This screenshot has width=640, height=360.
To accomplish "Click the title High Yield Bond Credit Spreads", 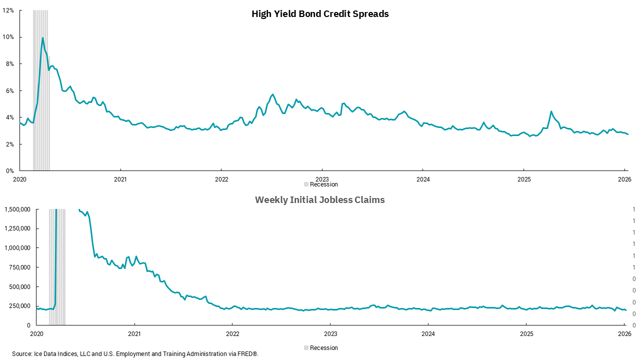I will pos(320,14).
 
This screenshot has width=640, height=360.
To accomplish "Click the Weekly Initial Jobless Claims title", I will pos(320,200).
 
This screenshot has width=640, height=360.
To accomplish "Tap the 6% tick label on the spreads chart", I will pos(10,90).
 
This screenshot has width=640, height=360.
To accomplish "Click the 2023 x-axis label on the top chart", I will pos(322,179).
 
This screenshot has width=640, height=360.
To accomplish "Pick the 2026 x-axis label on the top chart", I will pos(624,179).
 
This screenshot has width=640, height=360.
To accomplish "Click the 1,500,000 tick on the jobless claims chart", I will pos(17,209).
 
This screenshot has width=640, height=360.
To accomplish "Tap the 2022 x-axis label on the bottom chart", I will pos(232,333).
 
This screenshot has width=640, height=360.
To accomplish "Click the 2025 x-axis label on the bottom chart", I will pos(526,333).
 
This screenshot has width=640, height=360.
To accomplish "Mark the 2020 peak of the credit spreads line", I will pos(42,38).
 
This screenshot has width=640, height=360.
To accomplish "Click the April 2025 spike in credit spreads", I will pos(551,111).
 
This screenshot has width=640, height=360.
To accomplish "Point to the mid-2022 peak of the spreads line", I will pos(272,94).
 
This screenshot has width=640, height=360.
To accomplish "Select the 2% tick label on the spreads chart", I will pos(10,144).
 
